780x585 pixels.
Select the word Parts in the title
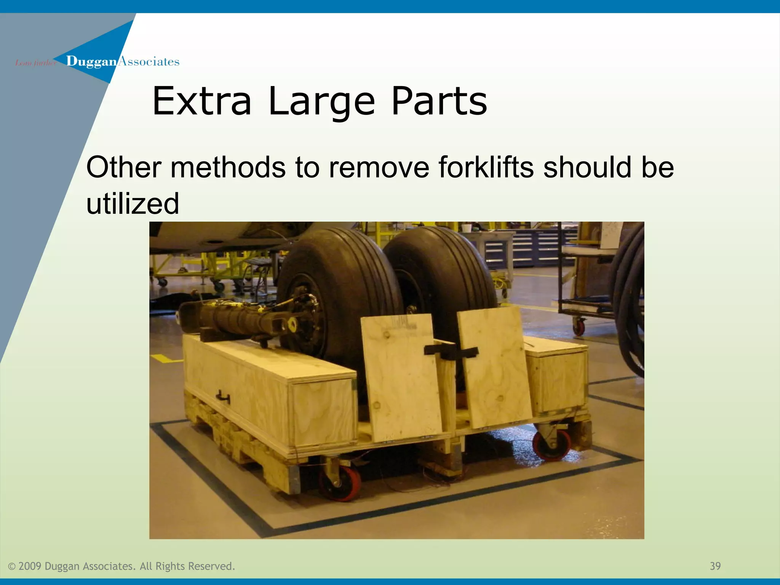tap(439, 101)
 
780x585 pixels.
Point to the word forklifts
tap(486, 167)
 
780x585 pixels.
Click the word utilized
tap(133, 203)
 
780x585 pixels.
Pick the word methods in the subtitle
tap(227, 167)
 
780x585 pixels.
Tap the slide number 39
tap(715, 566)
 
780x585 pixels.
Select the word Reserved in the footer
tap(212, 566)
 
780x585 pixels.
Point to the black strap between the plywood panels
tap(452, 352)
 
